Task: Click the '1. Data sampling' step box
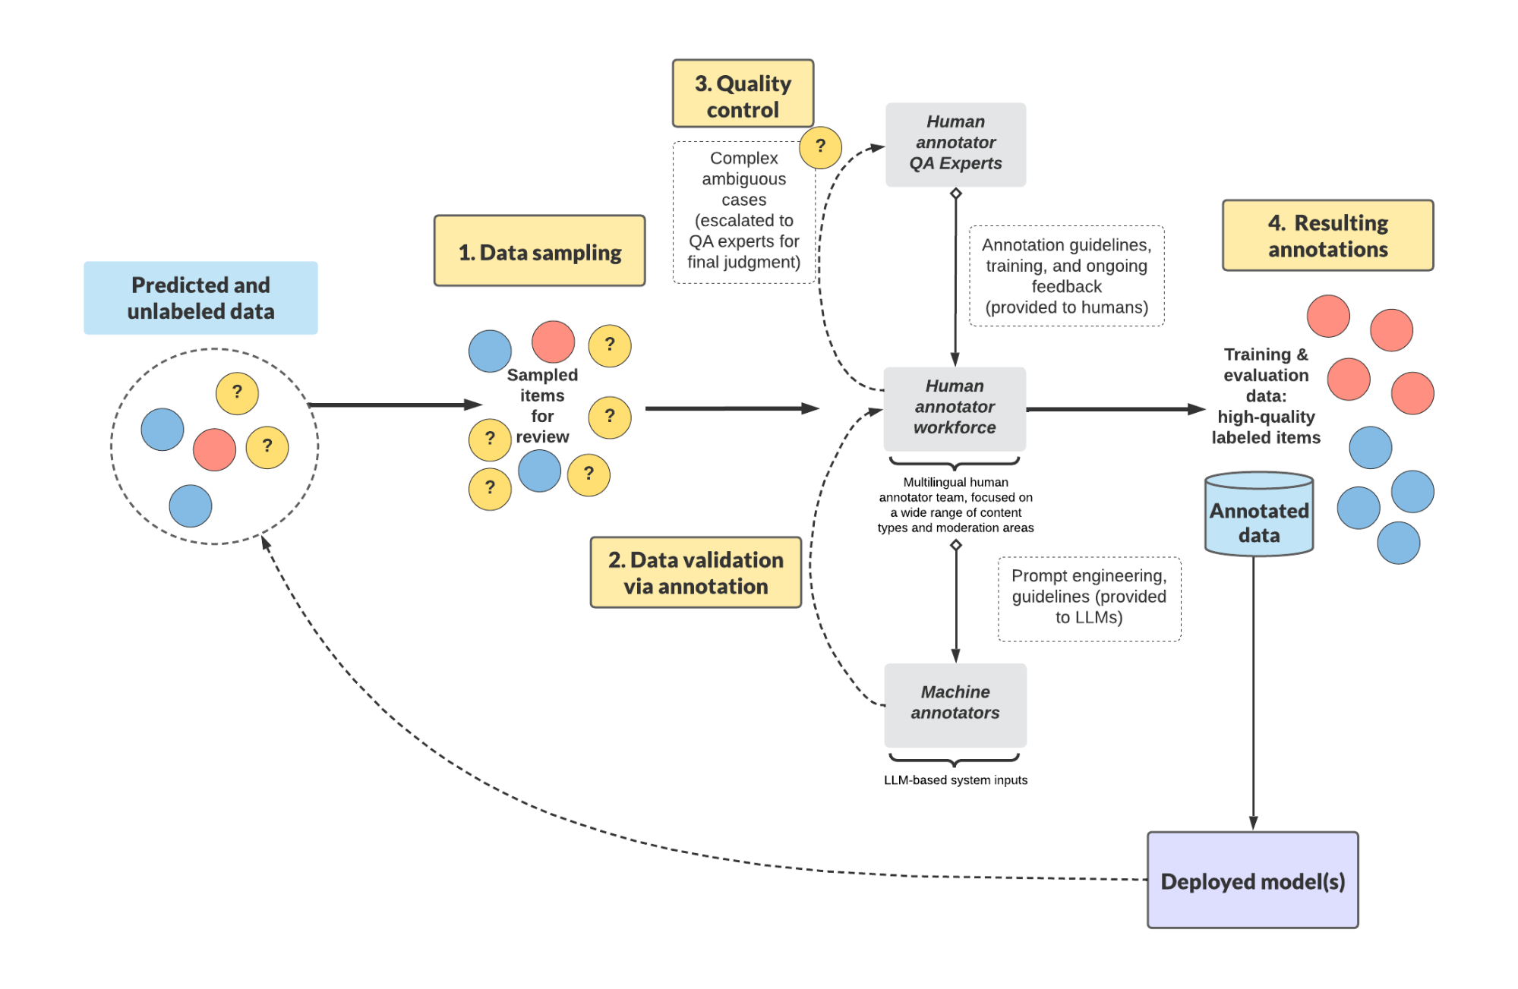pos(539,251)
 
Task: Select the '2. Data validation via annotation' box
pos(696,573)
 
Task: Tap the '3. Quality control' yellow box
pos(743,94)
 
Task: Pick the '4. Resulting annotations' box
pos(1327,236)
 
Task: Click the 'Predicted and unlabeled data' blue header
pos(200,298)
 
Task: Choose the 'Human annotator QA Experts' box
pos(955,144)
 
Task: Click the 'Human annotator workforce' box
pos(955,408)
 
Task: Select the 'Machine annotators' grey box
pos(955,704)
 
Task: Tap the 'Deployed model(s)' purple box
pos(1252,880)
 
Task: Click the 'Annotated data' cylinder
pos(1259,516)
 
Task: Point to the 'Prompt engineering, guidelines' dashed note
pos(1089,598)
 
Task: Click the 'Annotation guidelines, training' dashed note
pos(1066,276)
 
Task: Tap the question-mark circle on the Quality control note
pos(820,147)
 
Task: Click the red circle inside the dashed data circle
pos(214,449)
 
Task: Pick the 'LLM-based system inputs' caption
pos(955,780)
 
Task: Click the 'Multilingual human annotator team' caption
pos(955,505)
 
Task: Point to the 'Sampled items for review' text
pos(542,406)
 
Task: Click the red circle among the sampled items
pos(553,342)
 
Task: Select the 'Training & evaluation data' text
pos(1266,395)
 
